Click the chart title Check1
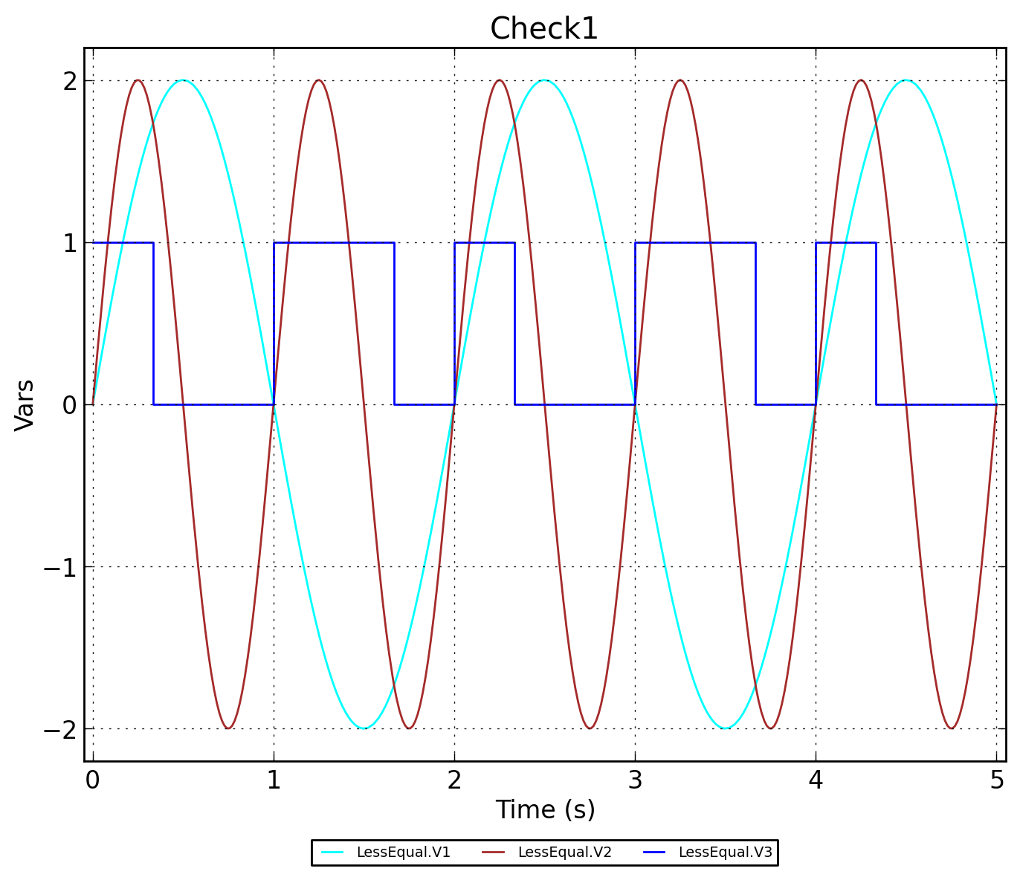[543, 29]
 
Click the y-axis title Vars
[25, 404]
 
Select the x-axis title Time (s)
[545, 809]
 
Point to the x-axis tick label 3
[635, 780]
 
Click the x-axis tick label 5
[996, 780]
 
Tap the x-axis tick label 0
[92, 780]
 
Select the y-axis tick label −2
[60, 729]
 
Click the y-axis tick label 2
[70, 81]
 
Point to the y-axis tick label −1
[60, 567]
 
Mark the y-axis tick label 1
[70, 243]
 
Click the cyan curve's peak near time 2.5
[544, 80]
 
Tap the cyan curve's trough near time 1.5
[364, 728]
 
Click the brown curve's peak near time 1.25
[318, 80]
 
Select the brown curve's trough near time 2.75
[590, 728]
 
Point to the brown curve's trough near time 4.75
[951, 728]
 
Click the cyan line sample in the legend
[332, 852]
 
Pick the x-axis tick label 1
[274, 780]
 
